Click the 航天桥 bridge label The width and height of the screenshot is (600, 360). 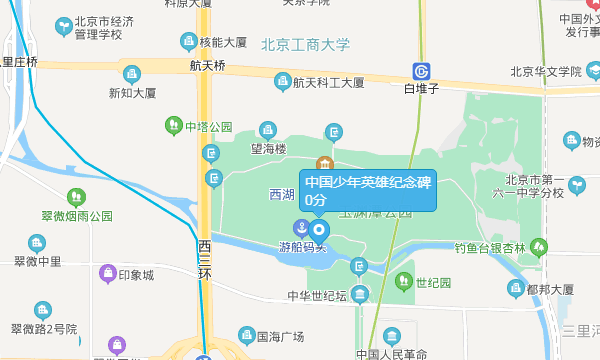point(208,66)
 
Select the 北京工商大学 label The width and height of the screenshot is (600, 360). point(305,44)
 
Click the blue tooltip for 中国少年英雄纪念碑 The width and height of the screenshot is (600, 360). point(368,190)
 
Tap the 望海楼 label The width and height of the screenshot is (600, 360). point(268,149)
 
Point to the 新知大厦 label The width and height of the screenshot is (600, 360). point(133,93)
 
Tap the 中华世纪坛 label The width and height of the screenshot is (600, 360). point(317,296)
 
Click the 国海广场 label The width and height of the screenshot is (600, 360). point(280,336)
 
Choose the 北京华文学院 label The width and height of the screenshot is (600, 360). point(545,71)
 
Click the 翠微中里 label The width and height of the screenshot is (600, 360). point(37,262)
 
